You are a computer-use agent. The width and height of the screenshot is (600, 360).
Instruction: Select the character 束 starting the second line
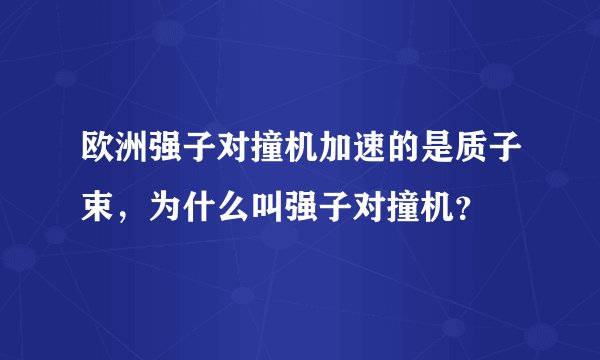[x=100, y=209]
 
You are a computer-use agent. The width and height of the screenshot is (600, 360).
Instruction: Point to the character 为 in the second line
[x=167, y=209]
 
